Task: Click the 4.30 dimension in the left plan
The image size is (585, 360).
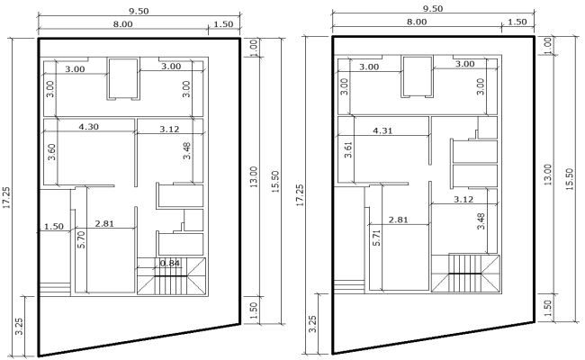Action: tap(89, 128)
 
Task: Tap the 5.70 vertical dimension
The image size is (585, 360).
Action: tap(81, 238)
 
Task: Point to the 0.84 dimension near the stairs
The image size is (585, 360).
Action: tap(170, 263)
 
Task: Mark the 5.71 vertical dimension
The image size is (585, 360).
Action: tap(377, 237)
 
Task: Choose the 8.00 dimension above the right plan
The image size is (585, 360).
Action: tap(417, 22)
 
